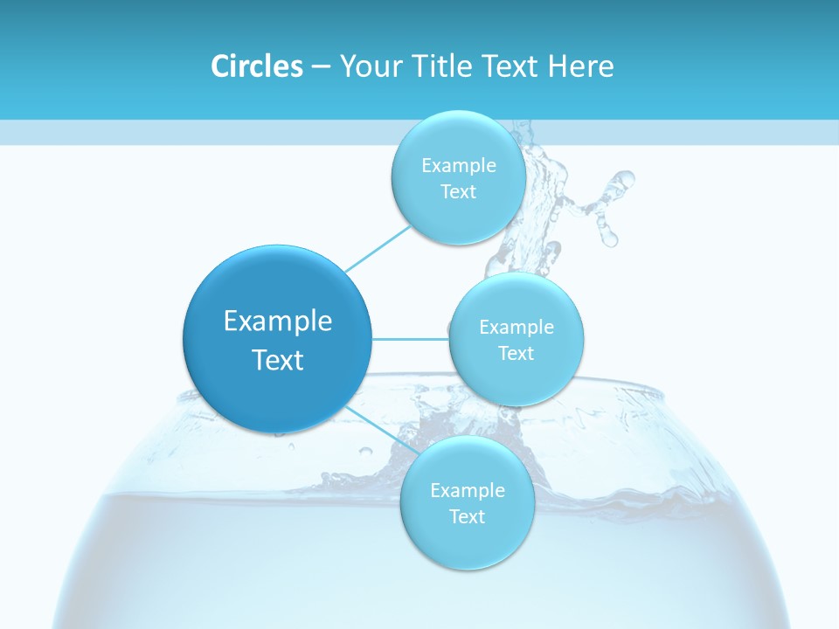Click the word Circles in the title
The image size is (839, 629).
coord(256,66)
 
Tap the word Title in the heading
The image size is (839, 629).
coord(443,66)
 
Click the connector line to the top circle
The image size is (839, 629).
coord(378,247)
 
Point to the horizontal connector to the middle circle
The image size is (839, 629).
coord(411,339)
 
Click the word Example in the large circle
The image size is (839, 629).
coord(278,321)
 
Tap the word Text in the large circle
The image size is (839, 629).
coord(278,360)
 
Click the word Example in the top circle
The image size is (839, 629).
coord(459,166)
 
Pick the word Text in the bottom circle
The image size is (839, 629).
coord(467,516)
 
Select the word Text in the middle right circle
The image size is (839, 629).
coord(516,353)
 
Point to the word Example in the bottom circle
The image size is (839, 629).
coord(467,490)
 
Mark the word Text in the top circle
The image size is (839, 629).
coord(458,191)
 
